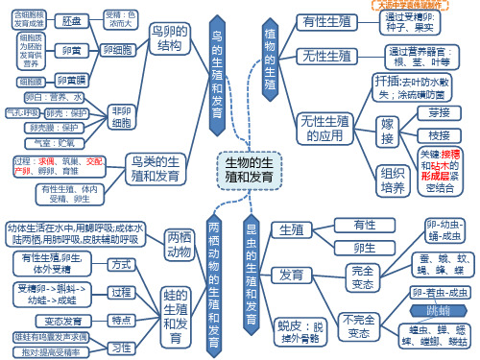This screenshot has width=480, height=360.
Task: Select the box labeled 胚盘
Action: (x=72, y=20)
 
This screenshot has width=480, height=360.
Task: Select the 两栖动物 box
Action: (x=180, y=244)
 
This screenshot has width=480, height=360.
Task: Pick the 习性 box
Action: (x=120, y=345)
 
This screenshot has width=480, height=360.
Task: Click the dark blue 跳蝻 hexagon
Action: (x=436, y=311)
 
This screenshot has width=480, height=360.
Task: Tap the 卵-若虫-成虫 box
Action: (x=441, y=291)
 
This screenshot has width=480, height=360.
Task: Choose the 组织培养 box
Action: (x=392, y=180)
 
